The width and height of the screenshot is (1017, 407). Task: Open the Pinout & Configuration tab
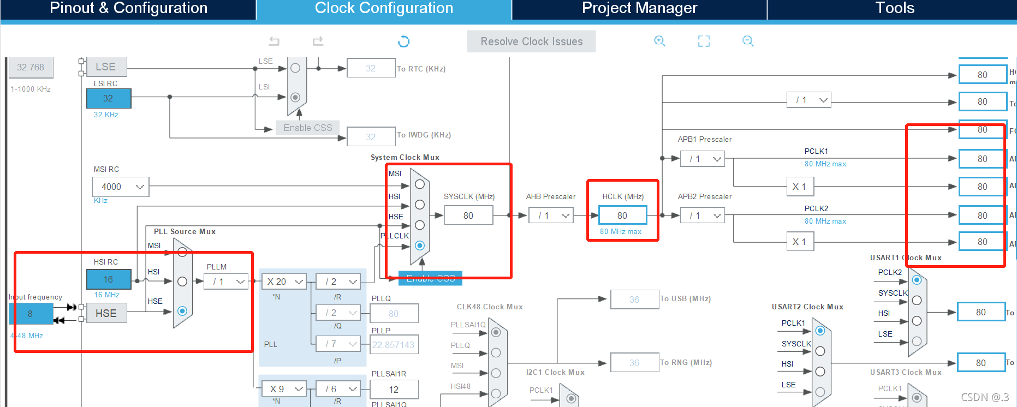(x=128, y=9)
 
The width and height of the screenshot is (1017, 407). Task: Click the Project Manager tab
(x=639, y=9)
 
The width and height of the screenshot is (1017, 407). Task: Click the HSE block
(x=106, y=313)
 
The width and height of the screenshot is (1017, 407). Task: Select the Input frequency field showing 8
(x=31, y=314)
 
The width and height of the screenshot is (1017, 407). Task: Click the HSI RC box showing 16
(x=109, y=279)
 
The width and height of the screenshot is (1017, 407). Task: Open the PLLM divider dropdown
(x=226, y=282)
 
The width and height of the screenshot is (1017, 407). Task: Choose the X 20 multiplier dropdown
(x=284, y=282)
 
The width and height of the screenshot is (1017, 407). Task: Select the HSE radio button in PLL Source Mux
(x=182, y=311)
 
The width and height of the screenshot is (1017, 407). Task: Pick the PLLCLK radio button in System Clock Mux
(x=420, y=246)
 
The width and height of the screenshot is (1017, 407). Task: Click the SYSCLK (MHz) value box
(x=468, y=216)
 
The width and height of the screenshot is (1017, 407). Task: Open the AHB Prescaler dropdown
(x=551, y=216)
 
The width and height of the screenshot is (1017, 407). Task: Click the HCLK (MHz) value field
(x=622, y=216)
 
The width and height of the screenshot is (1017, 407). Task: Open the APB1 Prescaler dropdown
(x=703, y=159)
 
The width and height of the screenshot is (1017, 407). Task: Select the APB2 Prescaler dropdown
(x=703, y=216)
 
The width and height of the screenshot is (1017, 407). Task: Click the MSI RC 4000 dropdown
(x=121, y=187)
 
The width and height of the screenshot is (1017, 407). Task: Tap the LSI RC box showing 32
(x=109, y=98)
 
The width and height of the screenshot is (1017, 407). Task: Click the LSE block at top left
(x=106, y=67)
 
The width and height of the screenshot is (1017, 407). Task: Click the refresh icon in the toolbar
(x=403, y=41)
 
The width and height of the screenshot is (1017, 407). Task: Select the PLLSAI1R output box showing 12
(x=394, y=390)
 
